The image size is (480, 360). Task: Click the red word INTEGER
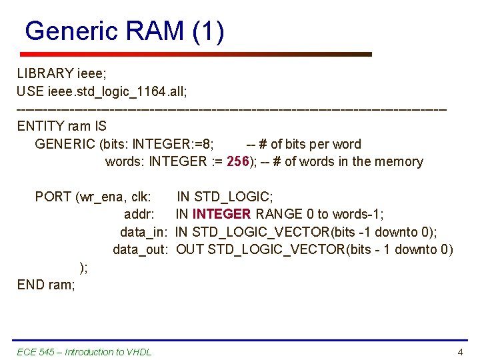(x=221, y=214)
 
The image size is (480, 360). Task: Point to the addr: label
(x=140, y=214)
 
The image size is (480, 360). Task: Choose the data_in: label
(x=143, y=232)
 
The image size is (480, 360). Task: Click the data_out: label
(x=139, y=250)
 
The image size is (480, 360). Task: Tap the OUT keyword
(x=190, y=250)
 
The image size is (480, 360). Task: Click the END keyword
(x=31, y=285)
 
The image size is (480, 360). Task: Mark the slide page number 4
(x=459, y=352)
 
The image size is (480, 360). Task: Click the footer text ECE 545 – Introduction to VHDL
(x=84, y=352)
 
